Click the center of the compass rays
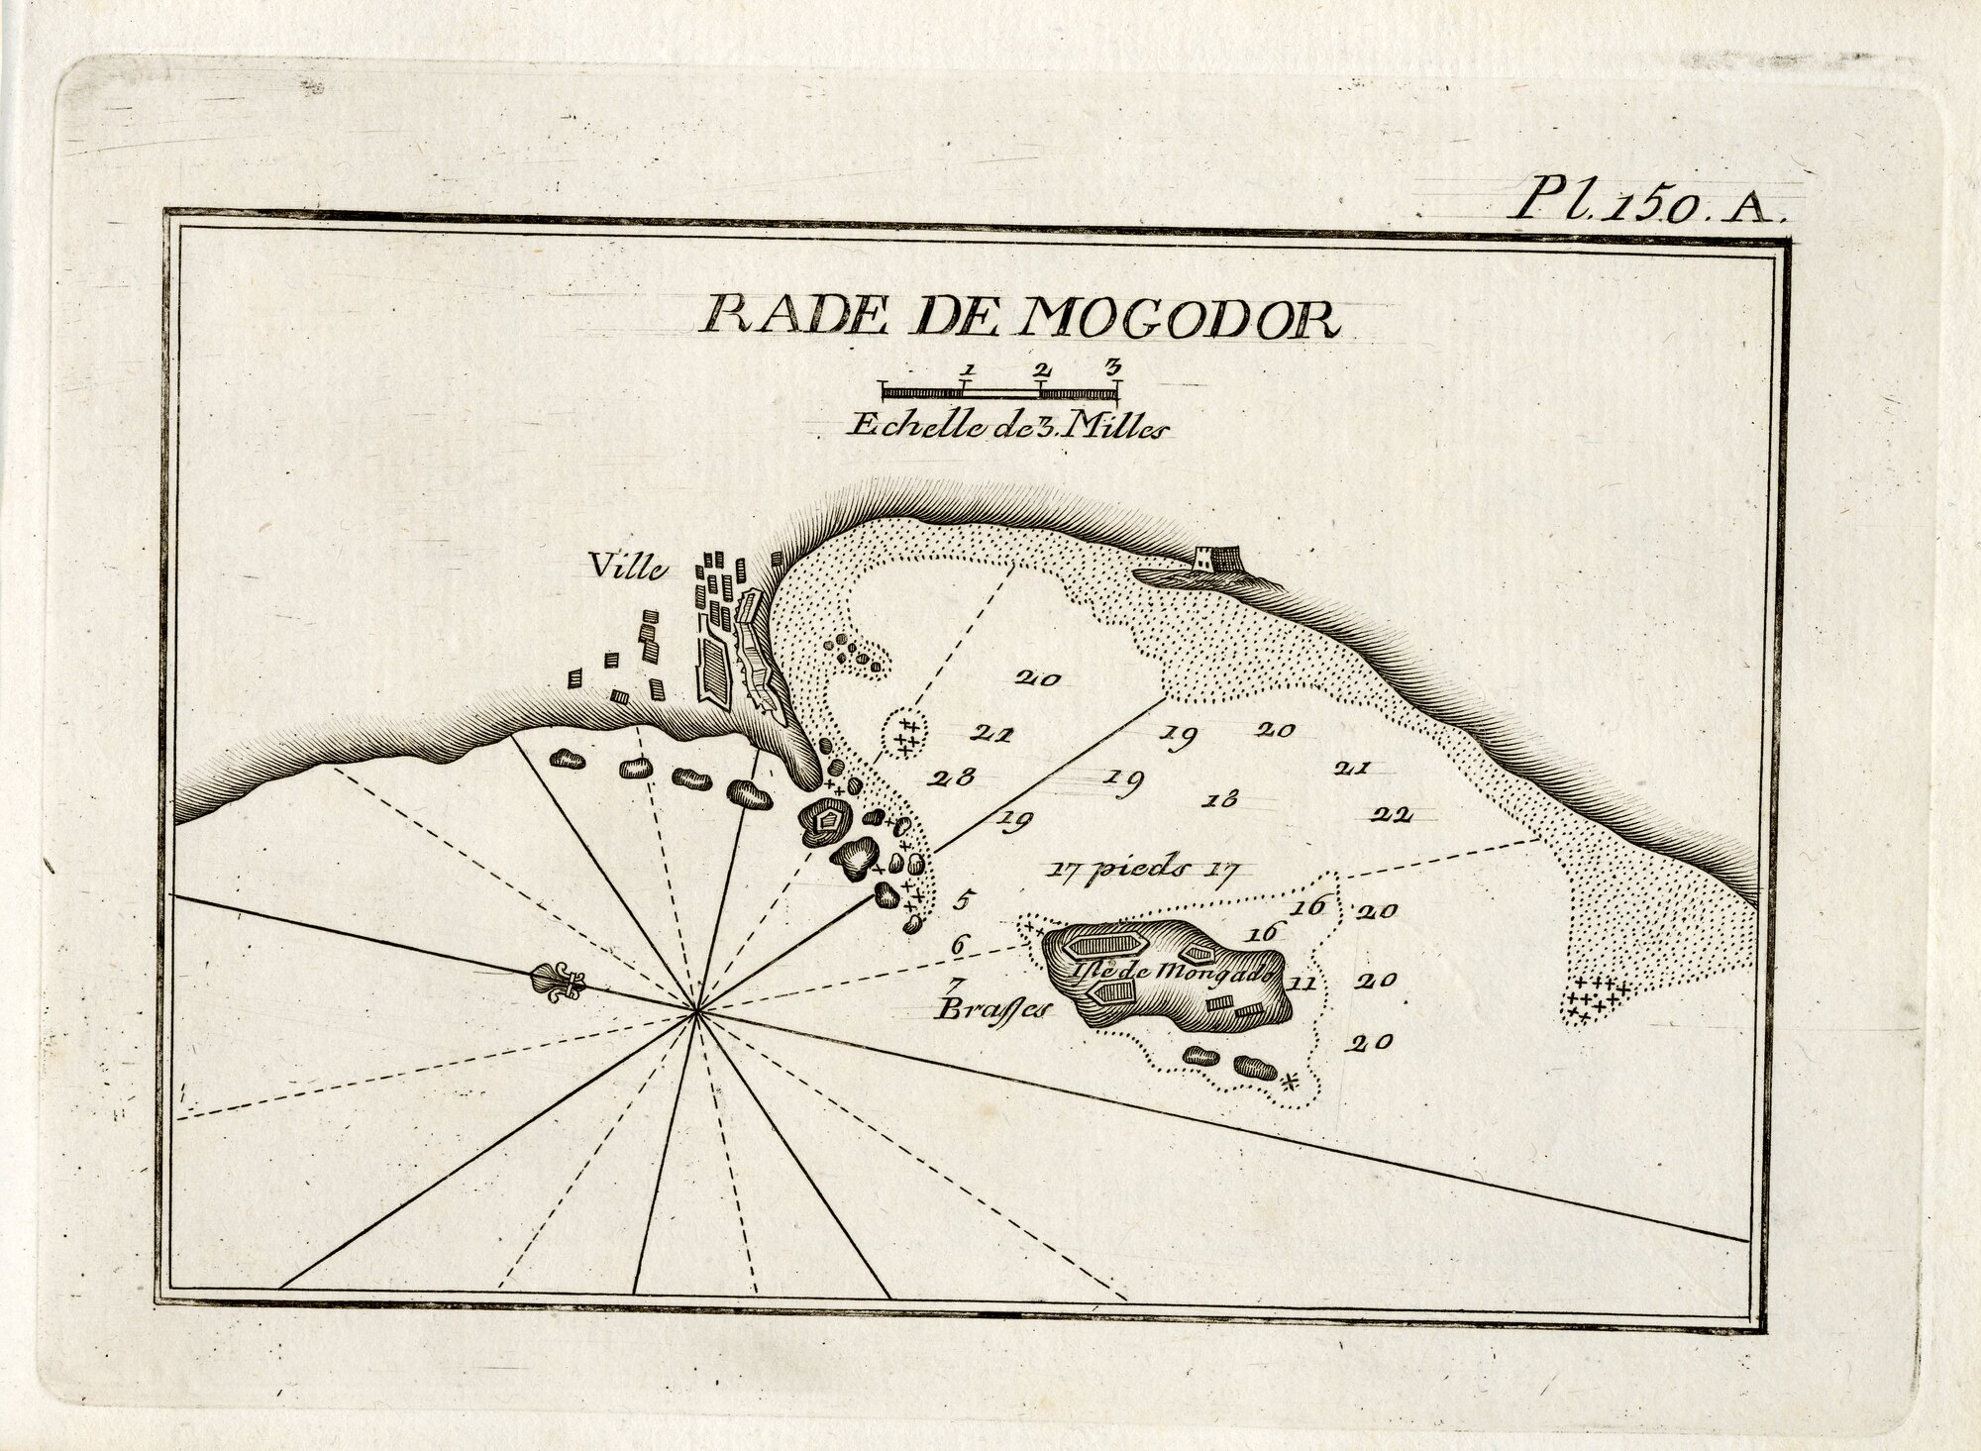click(x=697, y=1009)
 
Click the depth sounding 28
click(x=952, y=777)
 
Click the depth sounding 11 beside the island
click(x=1303, y=984)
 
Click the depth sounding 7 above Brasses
click(x=955, y=985)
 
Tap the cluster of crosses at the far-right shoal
click(x=1595, y=1000)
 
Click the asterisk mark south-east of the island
click(x=1290, y=1082)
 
